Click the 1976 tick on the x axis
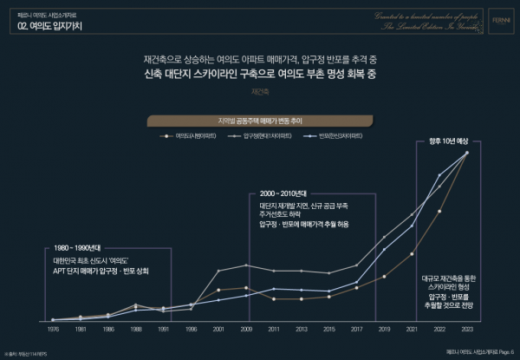[53, 330]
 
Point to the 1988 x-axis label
[135, 330]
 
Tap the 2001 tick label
[218, 330]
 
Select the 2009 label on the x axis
[246, 330]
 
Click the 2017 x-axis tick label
[356, 330]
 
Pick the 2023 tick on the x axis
[467, 330]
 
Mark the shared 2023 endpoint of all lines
[467, 154]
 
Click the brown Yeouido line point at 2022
[439, 211]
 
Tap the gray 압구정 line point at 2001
[218, 271]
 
